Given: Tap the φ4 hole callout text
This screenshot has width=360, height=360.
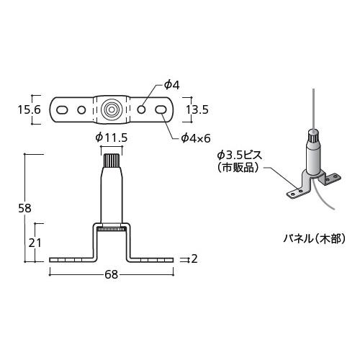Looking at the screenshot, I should (171, 84).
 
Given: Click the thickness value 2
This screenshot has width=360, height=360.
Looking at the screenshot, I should (194, 258).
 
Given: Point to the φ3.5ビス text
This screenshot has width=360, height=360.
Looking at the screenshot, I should (241, 154).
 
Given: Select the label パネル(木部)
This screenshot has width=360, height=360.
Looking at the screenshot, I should (315, 238).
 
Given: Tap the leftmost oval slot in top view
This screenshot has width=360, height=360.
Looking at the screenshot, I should (62, 109).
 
